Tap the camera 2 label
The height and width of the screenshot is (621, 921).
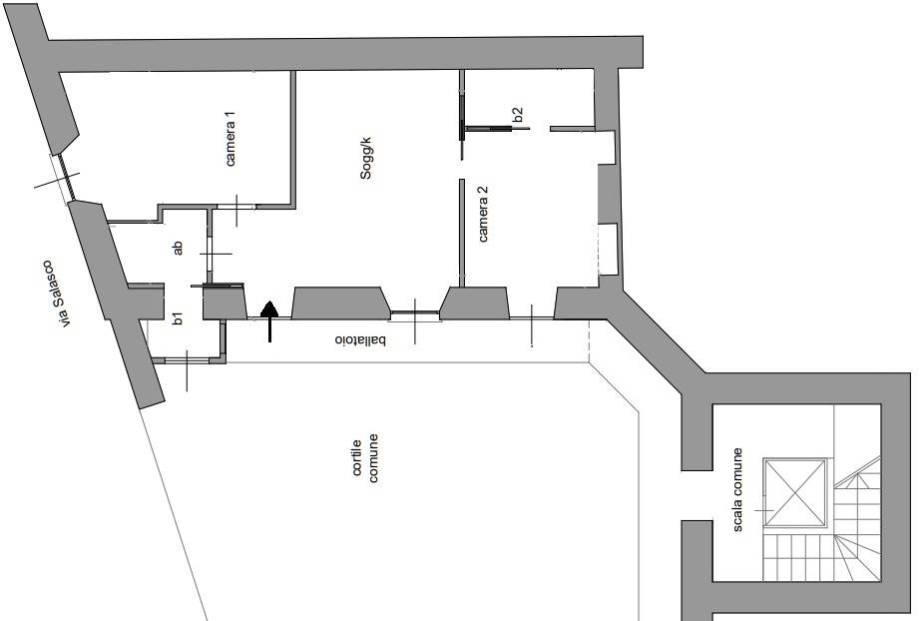coord(483,214)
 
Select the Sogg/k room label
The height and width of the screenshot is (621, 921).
coord(366,158)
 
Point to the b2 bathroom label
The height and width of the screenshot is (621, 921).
coord(518,114)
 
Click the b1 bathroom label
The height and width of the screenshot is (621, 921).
coord(178,318)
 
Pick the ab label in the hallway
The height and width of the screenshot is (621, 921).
coord(178,248)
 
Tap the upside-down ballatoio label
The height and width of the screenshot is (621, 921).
coord(360,340)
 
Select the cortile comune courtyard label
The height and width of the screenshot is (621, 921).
coord(365,458)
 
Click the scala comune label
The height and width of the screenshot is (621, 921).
coord(737,490)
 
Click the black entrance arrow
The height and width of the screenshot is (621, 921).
coord(269,320)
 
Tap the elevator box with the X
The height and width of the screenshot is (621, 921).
coord(794,492)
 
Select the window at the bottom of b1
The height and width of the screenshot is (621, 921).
coord(188,359)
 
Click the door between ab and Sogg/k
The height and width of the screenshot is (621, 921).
coord(209,254)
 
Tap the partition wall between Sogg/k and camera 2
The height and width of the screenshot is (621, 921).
coord(462,233)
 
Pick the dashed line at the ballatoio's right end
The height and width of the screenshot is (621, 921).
coord(589,341)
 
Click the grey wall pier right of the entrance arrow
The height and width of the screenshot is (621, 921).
coord(340,304)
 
